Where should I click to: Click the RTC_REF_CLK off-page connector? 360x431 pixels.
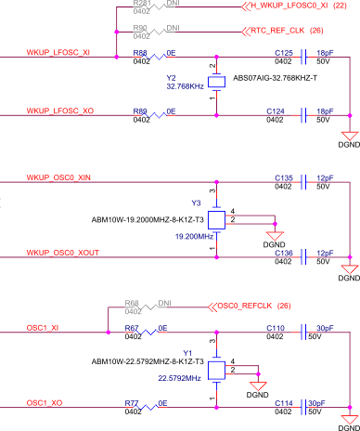tap(262, 30)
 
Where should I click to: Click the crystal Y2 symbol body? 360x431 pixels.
tap(216, 82)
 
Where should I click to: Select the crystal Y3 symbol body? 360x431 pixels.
tap(216, 219)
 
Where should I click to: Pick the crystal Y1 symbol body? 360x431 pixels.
tap(216, 370)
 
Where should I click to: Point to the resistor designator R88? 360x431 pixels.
tap(140, 53)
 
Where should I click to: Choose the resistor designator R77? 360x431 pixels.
tap(132, 404)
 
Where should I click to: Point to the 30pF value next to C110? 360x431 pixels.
tap(326, 328)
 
